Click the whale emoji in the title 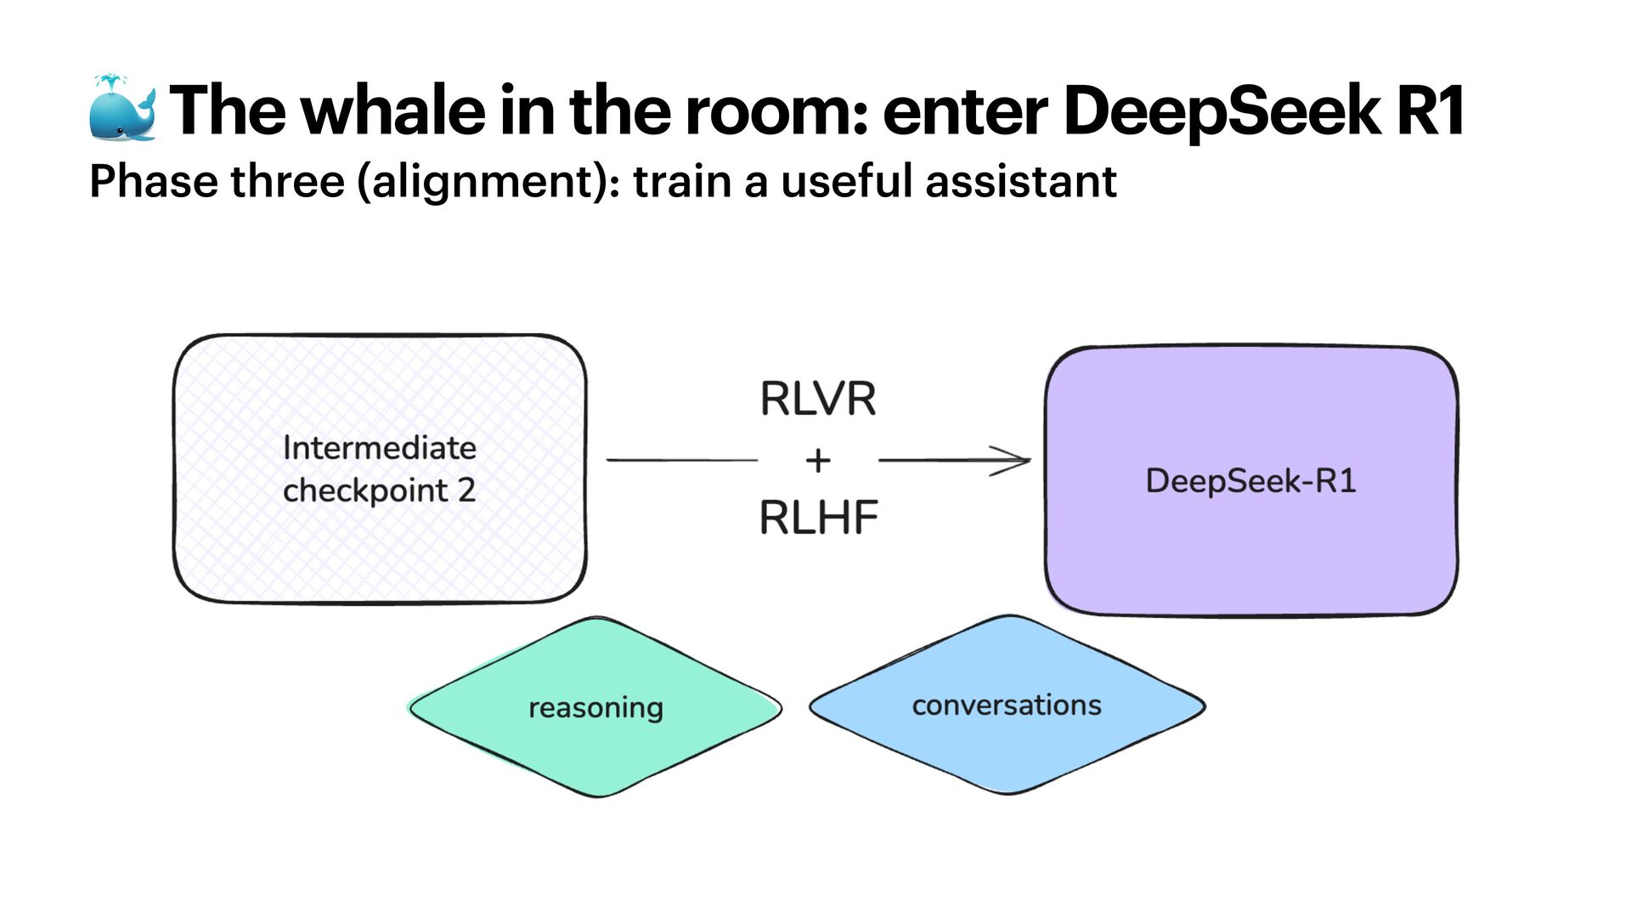click(x=122, y=108)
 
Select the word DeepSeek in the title click(x=1221, y=111)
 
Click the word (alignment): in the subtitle click(x=488, y=182)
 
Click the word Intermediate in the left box click(x=380, y=448)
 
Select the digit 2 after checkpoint click(x=466, y=490)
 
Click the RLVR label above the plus click(x=817, y=399)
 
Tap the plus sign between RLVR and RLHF click(x=817, y=461)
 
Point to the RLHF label click(x=818, y=518)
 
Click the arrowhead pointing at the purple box click(x=1015, y=461)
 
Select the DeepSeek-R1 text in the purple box click(x=1250, y=481)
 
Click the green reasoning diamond click(x=595, y=707)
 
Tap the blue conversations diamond click(x=1007, y=705)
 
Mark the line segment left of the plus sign click(x=681, y=460)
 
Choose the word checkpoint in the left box click(x=365, y=491)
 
